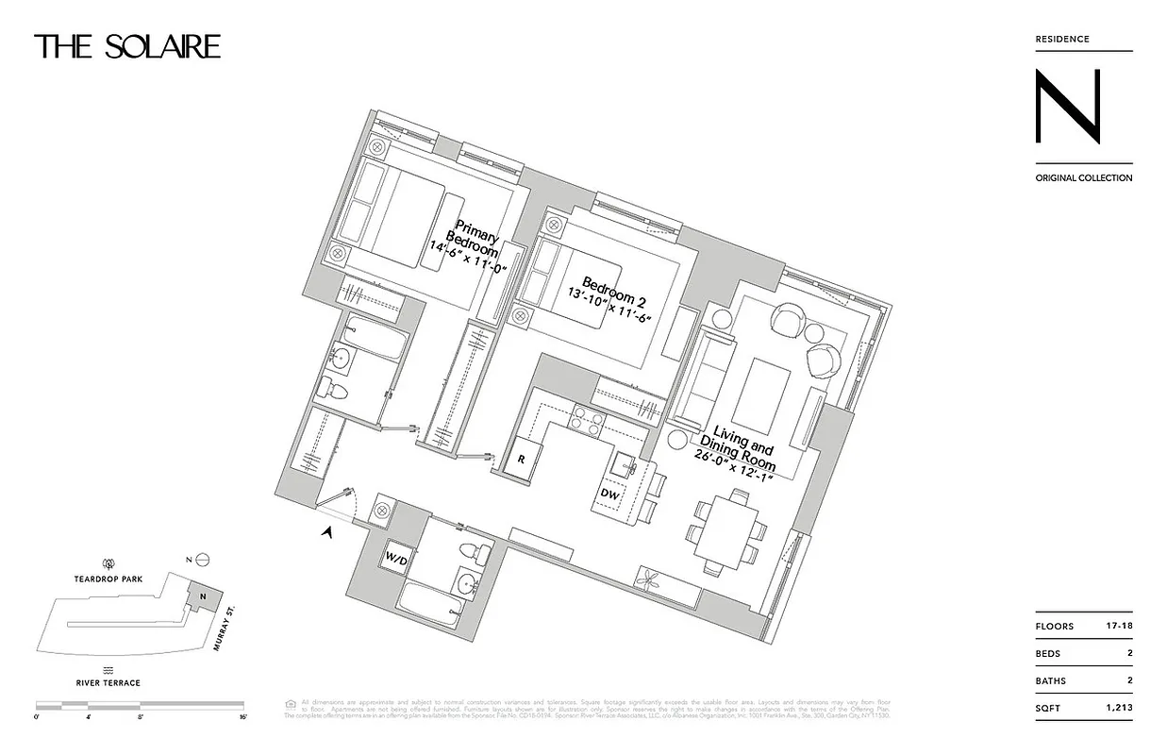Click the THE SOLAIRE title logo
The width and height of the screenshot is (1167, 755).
tap(127, 46)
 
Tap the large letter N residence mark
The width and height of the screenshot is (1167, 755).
tap(1067, 108)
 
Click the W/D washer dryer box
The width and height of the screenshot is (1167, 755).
tap(395, 558)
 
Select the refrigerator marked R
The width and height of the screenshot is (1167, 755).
tap(522, 460)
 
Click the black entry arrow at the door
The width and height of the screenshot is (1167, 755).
tap(328, 533)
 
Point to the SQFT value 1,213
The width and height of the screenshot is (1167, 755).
tap(1116, 707)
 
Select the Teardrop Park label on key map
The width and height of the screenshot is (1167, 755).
tap(108, 579)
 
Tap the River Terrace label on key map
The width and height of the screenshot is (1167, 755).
tap(109, 682)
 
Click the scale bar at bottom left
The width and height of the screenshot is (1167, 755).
tap(140, 705)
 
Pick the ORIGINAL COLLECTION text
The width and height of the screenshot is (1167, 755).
tap(1083, 177)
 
